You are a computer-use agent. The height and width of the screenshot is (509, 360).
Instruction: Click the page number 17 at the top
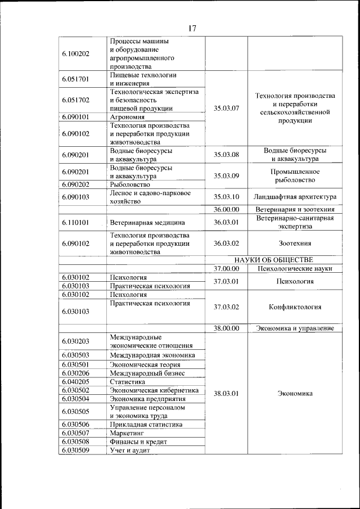(x=192, y=28)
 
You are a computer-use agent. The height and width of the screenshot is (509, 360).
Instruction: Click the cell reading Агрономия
(x=128, y=117)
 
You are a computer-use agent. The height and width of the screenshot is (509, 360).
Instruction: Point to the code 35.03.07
(x=227, y=108)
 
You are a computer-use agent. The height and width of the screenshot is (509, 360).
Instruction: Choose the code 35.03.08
(x=227, y=154)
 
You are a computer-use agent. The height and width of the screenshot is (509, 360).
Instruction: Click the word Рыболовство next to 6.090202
(x=130, y=184)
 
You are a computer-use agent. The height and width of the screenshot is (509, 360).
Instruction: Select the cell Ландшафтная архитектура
(x=295, y=197)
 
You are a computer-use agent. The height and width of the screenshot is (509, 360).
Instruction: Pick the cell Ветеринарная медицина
(x=147, y=222)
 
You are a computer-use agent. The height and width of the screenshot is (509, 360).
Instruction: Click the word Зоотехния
(x=295, y=244)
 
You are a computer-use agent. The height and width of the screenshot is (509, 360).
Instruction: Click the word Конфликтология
(x=295, y=307)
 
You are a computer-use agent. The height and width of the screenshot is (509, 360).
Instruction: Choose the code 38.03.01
(x=227, y=394)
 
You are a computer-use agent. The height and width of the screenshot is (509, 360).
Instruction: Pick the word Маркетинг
(x=127, y=434)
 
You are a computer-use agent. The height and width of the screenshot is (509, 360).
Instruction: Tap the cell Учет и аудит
(x=130, y=451)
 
